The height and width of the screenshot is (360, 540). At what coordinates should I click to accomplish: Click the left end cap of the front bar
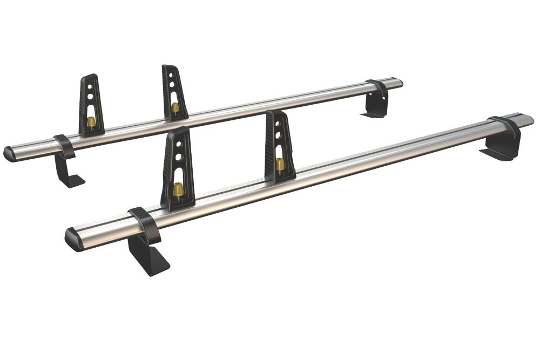[73, 239]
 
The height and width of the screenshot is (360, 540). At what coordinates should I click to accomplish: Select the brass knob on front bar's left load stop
[177, 189]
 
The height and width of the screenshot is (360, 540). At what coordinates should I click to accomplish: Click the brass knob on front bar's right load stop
[280, 164]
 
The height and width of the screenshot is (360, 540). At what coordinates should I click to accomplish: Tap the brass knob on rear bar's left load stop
[91, 121]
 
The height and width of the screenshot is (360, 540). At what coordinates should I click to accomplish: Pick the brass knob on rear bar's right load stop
[175, 107]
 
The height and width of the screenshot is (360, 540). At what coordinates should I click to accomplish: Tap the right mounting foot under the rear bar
[373, 108]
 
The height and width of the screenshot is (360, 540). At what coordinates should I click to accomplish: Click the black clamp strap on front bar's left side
[144, 222]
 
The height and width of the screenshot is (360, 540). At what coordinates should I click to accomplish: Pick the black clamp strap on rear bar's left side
[64, 146]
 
